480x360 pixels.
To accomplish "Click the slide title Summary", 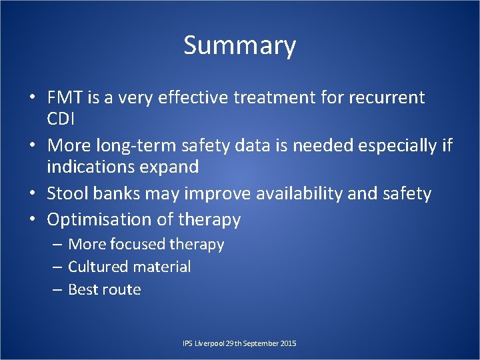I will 239,46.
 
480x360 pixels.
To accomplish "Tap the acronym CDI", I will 61,119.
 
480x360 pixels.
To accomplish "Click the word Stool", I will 67,194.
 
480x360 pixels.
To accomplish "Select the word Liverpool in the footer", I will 209,343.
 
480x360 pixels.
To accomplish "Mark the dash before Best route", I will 58,289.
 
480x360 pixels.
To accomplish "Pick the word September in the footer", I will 260,343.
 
